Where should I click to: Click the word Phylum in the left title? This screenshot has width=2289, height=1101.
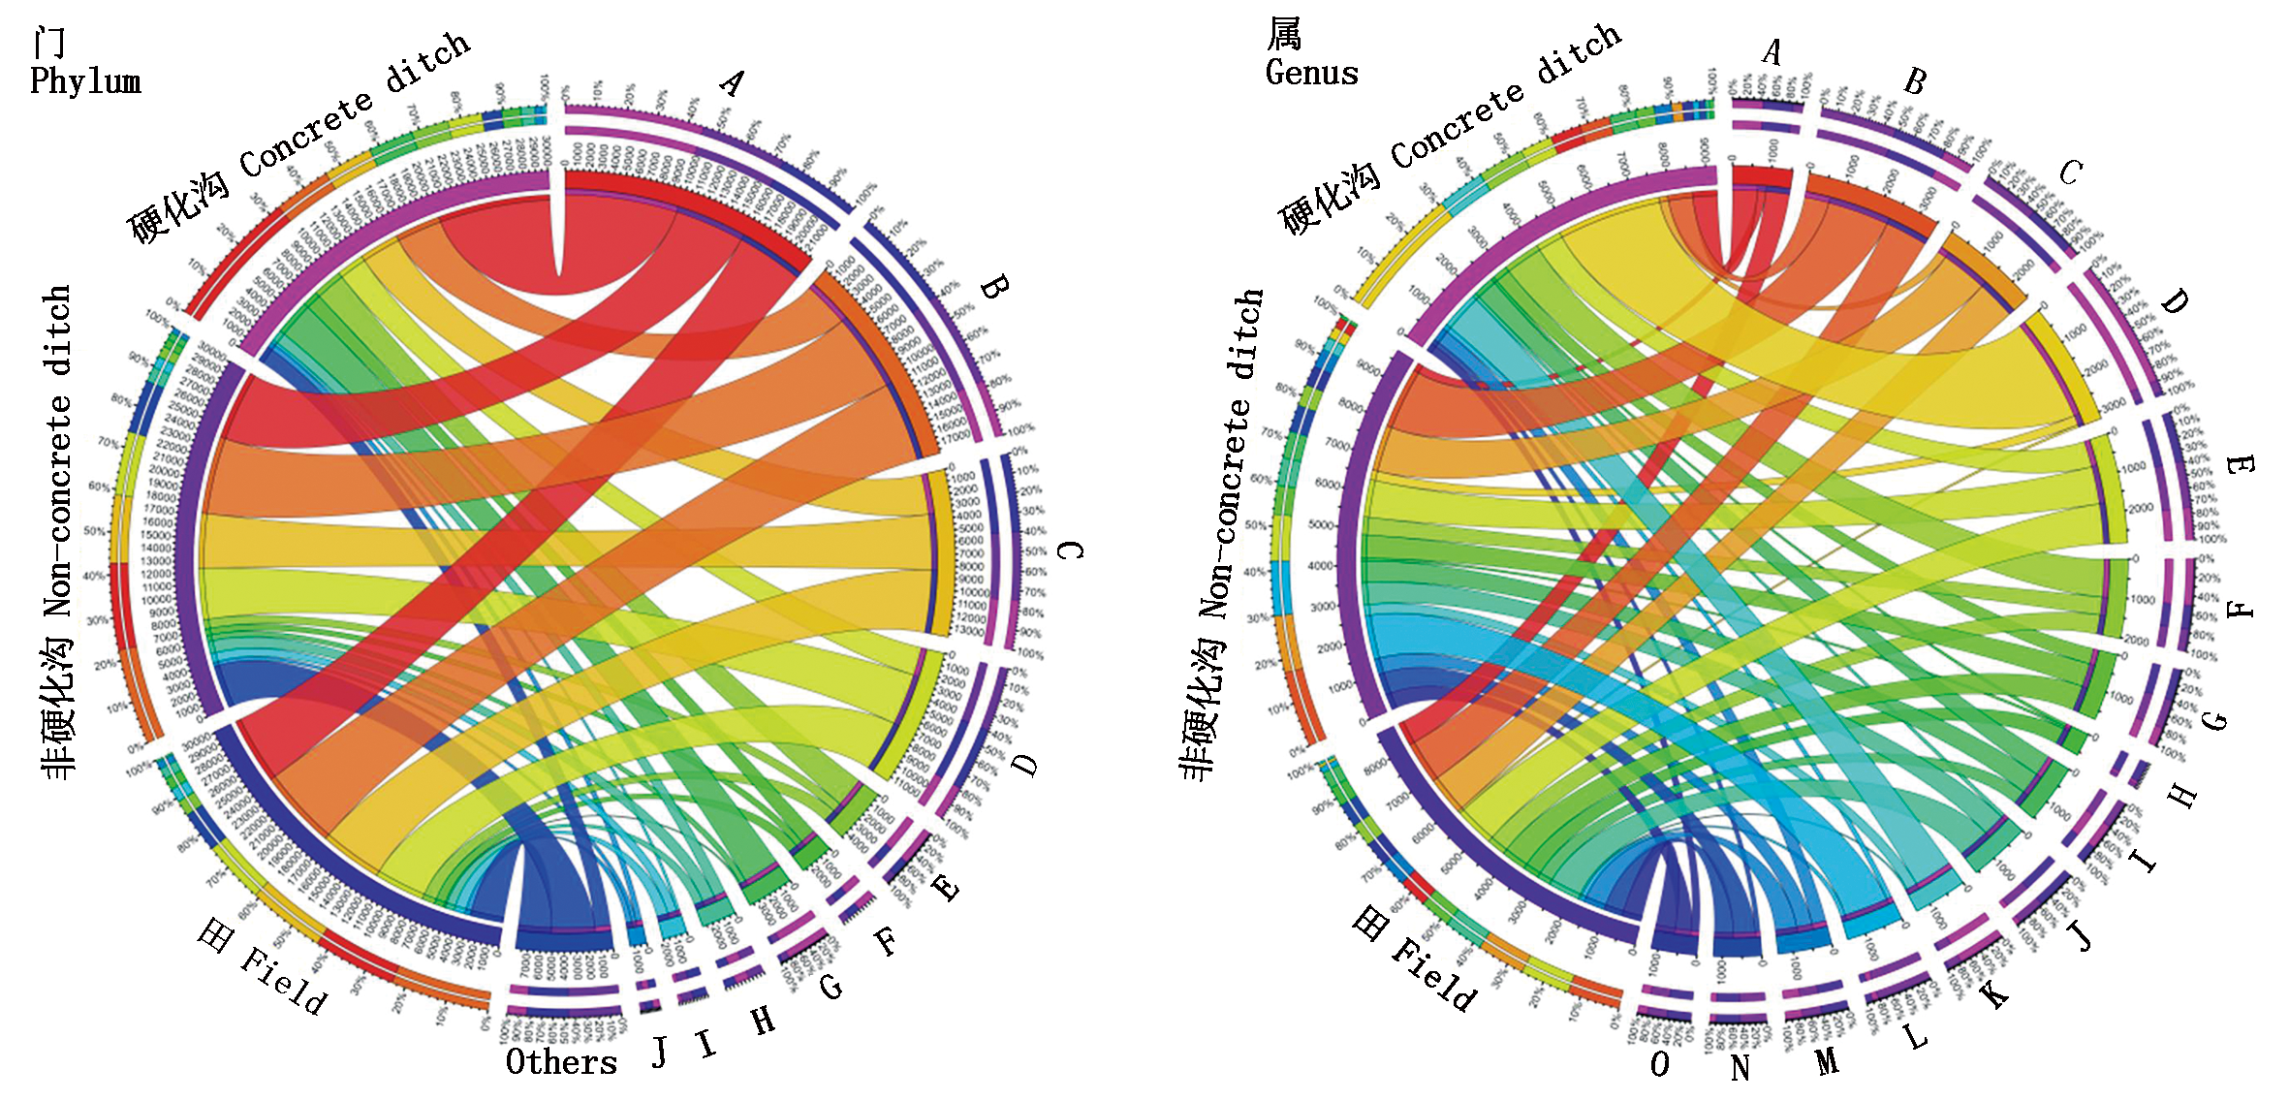coord(85,81)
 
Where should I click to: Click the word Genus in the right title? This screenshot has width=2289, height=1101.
coord(1312,73)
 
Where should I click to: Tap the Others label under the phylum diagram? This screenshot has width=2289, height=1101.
coord(561,1062)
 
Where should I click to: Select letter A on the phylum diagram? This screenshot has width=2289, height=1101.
coord(732,83)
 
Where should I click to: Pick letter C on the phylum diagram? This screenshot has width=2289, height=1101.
coord(1069,550)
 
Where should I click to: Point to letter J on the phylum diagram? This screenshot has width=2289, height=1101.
coord(659,1051)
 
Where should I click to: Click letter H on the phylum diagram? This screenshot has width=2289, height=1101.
coord(764,1020)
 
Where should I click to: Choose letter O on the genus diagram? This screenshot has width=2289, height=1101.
coord(1660,1064)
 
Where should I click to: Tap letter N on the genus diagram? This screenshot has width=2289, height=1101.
coord(1740,1067)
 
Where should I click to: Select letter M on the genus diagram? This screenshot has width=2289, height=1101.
coord(1827,1061)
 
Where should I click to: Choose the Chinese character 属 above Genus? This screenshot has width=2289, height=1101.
coord(1285,35)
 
